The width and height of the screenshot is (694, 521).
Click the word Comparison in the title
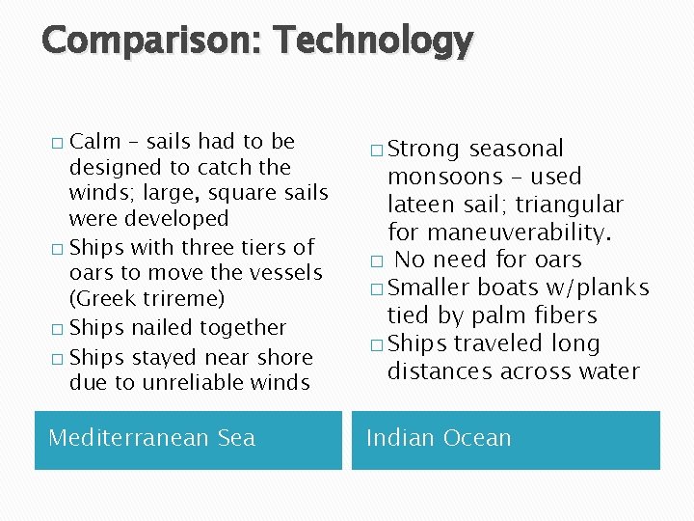pyautogui.click(x=153, y=41)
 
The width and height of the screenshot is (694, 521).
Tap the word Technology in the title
pyautogui.click(x=373, y=41)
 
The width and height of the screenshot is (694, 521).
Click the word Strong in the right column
pyautogui.click(x=424, y=149)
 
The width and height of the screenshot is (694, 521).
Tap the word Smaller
pyautogui.click(x=429, y=288)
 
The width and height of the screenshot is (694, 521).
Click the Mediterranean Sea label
pyautogui.click(x=152, y=438)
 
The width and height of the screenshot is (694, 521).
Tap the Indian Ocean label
pyautogui.click(x=439, y=438)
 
